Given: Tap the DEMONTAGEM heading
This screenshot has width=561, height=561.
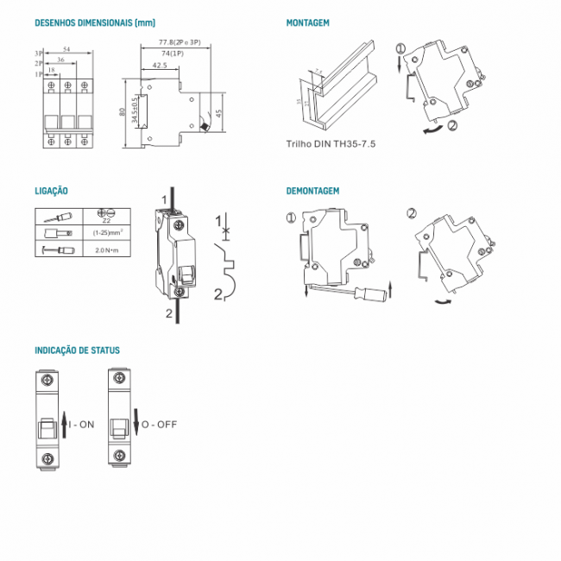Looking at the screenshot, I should [312, 191].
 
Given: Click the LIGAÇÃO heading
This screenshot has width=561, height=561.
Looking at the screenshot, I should [51, 191].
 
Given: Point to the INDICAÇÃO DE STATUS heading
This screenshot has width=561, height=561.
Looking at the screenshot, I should [77, 350].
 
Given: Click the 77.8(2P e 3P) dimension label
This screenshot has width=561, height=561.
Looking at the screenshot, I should [180, 43].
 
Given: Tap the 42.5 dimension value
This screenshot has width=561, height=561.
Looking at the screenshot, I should [159, 65].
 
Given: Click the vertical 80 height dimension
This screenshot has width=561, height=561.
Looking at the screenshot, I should [123, 111].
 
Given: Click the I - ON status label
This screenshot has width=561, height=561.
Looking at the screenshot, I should [81, 425].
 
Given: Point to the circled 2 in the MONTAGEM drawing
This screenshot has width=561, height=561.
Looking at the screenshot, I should [455, 126].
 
